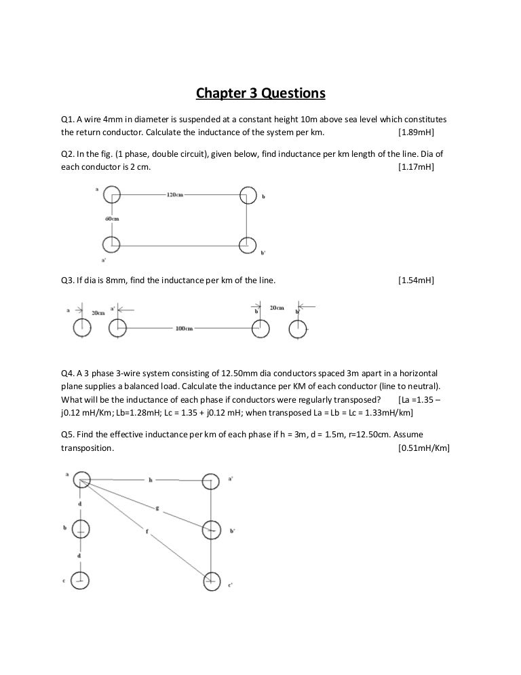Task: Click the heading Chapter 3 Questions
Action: click(x=261, y=92)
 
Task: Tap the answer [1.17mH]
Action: click(x=416, y=166)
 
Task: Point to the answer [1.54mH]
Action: click(x=416, y=280)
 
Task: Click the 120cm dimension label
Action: click(x=174, y=195)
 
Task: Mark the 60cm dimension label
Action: click(x=112, y=219)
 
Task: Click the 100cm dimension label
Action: click(x=184, y=329)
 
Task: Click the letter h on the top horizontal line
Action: click(x=149, y=480)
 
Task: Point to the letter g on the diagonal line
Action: click(x=157, y=507)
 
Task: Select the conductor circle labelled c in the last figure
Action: click(x=81, y=579)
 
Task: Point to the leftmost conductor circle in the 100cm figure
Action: click(x=81, y=329)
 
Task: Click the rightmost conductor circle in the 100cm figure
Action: click(x=298, y=329)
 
